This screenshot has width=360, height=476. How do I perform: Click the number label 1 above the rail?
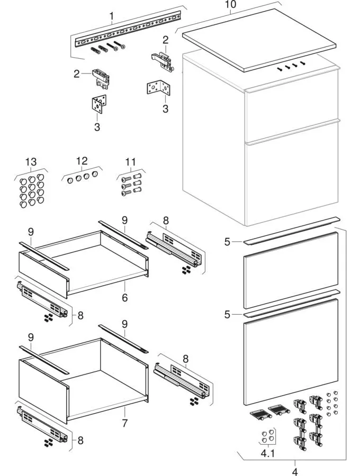[112, 16]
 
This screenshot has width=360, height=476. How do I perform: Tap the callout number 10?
[230, 5]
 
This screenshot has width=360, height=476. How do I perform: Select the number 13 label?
[31, 161]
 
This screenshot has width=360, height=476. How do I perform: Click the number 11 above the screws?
[130, 161]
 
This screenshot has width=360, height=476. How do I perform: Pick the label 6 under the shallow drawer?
[124, 298]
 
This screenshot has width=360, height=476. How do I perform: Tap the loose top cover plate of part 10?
[259, 40]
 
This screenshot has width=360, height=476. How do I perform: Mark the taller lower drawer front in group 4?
[290, 349]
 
